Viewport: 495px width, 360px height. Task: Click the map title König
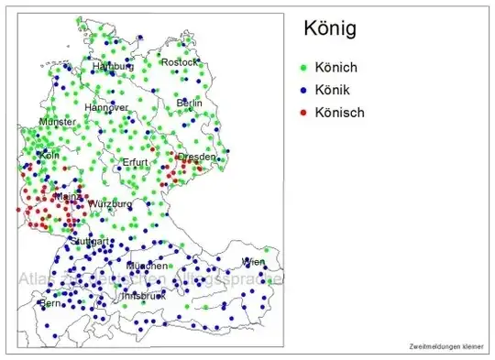click(329, 30)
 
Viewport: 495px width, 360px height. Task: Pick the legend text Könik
click(335, 91)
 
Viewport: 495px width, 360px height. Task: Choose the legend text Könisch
click(340, 113)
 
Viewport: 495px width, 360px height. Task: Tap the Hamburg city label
click(113, 67)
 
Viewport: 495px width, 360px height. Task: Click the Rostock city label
click(179, 62)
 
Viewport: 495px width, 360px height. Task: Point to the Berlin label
click(189, 104)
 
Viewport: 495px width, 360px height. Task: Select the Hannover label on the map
click(106, 108)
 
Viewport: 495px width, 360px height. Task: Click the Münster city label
click(58, 122)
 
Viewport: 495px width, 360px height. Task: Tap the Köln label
click(49, 155)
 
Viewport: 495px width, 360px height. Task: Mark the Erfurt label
click(135, 162)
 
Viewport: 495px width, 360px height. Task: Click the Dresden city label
click(196, 157)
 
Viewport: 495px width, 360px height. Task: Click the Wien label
click(253, 262)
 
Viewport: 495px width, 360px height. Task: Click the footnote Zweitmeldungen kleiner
click(446, 346)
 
